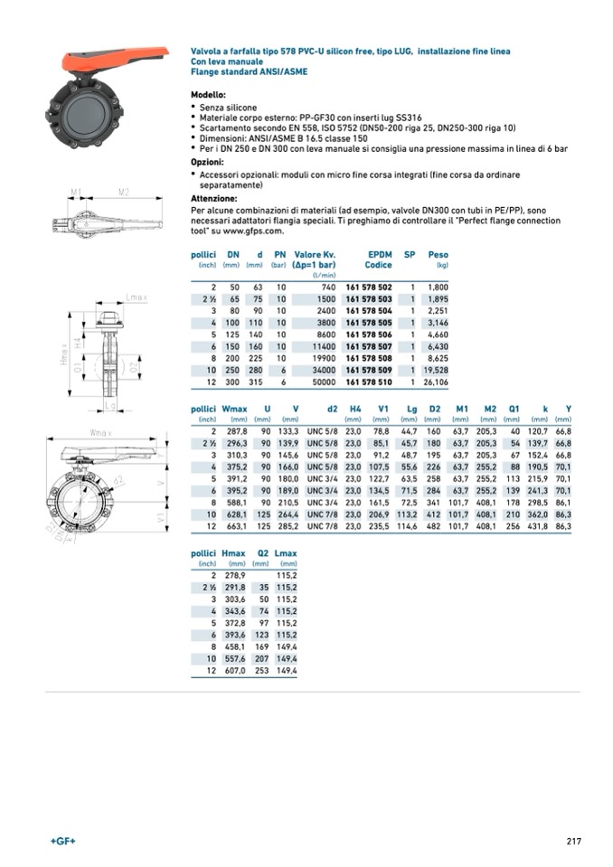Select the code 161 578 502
(x=368, y=287)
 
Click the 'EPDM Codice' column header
(x=378, y=260)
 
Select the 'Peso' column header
(x=438, y=255)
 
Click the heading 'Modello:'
(x=208, y=95)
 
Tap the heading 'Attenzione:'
(x=213, y=198)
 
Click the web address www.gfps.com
(x=222, y=231)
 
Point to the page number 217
(x=573, y=842)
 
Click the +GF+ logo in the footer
(x=62, y=842)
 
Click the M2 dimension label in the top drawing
(x=124, y=192)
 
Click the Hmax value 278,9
(x=233, y=576)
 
